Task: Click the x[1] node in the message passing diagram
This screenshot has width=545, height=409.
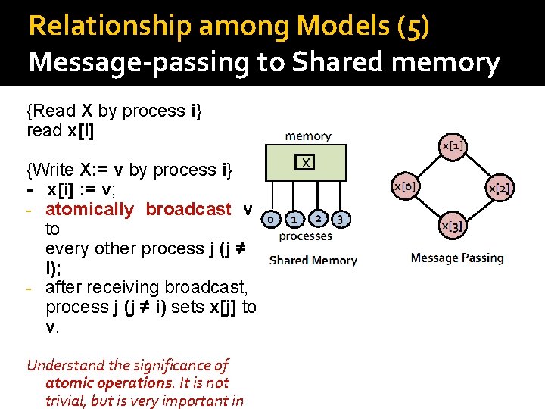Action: [x=453, y=145]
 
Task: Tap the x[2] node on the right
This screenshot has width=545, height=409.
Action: [x=500, y=188]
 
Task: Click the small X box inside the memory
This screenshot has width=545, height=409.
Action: [x=305, y=162]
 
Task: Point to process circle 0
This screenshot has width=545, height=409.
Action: [x=269, y=219]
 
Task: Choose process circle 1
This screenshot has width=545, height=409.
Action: [x=293, y=219]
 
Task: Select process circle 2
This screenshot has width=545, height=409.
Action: [x=318, y=219]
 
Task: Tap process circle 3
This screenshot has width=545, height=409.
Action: [x=341, y=219]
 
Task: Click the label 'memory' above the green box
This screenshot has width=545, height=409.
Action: [x=307, y=136]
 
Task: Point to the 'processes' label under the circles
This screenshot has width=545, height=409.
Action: [x=305, y=236]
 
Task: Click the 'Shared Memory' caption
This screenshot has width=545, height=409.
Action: [x=313, y=260]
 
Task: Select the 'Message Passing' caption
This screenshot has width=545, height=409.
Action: [x=456, y=258]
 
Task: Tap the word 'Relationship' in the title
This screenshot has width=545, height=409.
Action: [x=109, y=27]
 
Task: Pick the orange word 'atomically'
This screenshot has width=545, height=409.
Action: [x=90, y=209]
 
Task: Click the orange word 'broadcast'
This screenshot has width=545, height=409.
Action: [x=188, y=209]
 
